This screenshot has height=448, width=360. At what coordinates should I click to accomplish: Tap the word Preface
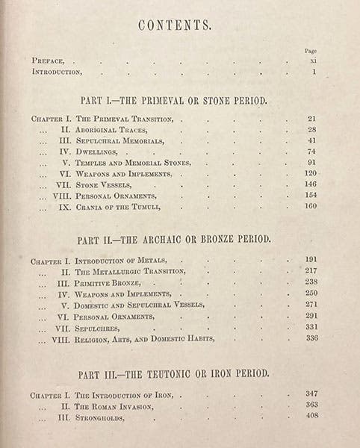[x=53, y=60]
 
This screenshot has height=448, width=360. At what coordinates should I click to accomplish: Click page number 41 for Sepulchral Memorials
[x=311, y=140]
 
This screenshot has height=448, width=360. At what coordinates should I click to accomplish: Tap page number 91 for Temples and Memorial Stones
[x=311, y=162]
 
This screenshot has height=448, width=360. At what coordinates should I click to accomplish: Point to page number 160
[x=311, y=205]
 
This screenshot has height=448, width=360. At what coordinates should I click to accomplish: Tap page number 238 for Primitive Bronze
[x=311, y=283]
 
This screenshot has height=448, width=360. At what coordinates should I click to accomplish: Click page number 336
[x=311, y=337]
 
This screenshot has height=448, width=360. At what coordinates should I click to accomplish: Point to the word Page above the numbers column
[x=311, y=51]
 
